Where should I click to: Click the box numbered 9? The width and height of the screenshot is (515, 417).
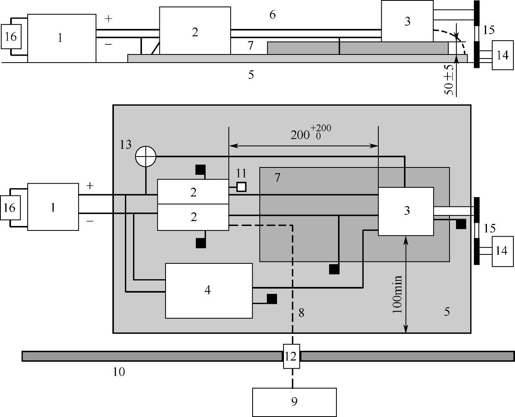[x=294, y=402]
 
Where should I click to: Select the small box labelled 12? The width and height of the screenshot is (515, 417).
[x=291, y=356]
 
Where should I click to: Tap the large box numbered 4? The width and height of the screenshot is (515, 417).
[x=208, y=290]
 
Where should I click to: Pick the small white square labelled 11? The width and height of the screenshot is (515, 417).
[x=241, y=187]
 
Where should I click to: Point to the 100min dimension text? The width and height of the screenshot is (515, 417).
[x=397, y=294]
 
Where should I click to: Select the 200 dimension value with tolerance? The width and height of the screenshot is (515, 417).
[x=311, y=133]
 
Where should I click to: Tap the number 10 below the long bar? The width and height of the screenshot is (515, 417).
[x=119, y=371]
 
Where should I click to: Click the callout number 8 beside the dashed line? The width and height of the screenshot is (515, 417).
[x=301, y=312]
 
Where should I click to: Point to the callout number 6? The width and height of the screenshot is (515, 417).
[x=272, y=15]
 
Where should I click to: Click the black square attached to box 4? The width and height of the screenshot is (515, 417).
[x=272, y=299]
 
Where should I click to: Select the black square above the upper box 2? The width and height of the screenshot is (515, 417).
[x=200, y=169]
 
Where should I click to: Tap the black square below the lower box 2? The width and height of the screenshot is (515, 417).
[x=201, y=243]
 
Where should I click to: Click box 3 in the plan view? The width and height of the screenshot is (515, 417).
[x=406, y=211]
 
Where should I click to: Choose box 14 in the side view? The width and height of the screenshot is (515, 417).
[x=502, y=55]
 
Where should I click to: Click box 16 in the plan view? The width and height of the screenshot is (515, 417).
[x=10, y=208]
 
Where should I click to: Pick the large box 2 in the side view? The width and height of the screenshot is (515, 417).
[x=194, y=31]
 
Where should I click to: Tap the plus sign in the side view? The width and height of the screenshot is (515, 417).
[x=108, y=19]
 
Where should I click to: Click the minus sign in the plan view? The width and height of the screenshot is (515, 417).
[x=90, y=221]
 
